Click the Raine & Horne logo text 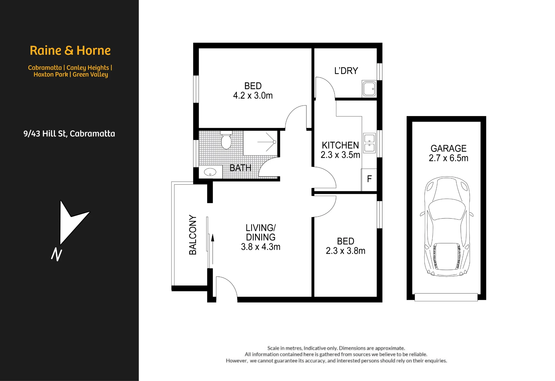pyautogui.click(x=70, y=51)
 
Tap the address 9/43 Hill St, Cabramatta pyautogui.click(x=69, y=134)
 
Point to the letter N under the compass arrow pyautogui.click(x=57, y=254)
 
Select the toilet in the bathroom pyautogui.click(x=226, y=140)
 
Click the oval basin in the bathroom pyautogui.click(x=210, y=172)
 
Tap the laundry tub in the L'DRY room pyautogui.click(x=369, y=89)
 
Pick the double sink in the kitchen pyautogui.click(x=369, y=143)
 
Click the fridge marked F pyautogui.click(x=369, y=179)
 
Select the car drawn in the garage pyautogui.click(x=447, y=226)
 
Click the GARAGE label pyautogui.click(x=448, y=148)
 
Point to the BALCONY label pyautogui.click(x=193, y=235)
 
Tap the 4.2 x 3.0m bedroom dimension pyautogui.click(x=253, y=96)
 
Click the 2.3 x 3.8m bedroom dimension pyautogui.click(x=345, y=251)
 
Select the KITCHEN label pyautogui.click(x=340, y=145)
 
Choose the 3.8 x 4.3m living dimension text pyautogui.click(x=261, y=247)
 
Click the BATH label pyautogui.click(x=240, y=168)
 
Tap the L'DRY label pyautogui.click(x=346, y=71)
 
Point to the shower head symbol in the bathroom pyautogui.click(x=274, y=142)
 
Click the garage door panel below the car pyautogui.click(x=446, y=297)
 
